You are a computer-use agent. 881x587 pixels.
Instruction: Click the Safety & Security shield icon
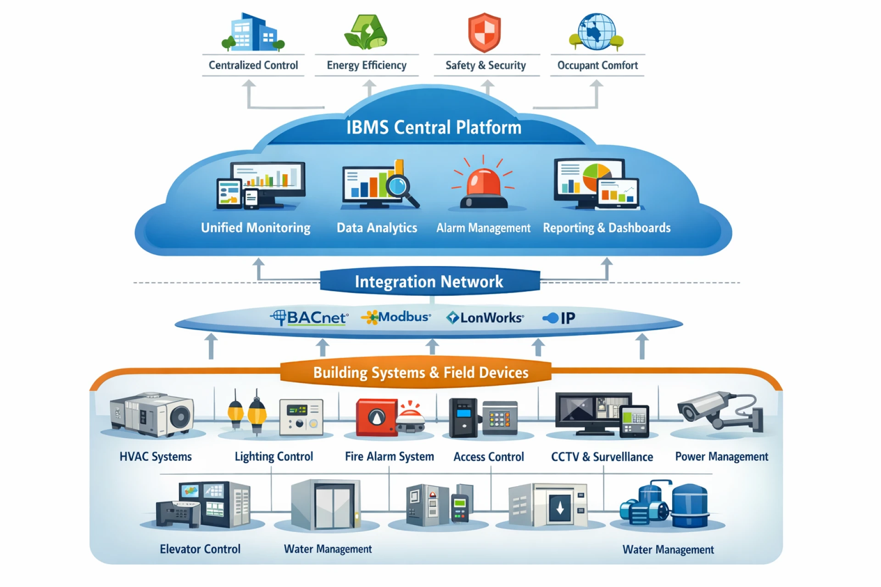(x=484, y=32)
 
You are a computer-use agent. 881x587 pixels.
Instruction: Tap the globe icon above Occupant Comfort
(x=597, y=31)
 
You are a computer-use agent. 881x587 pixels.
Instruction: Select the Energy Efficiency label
(x=366, y=65)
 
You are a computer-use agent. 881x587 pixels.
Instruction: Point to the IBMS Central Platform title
(x=434, y=127)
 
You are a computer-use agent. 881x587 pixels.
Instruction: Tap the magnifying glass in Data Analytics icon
(x=398, y=186)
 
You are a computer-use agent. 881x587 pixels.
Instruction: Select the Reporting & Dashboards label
(x=606, y=228)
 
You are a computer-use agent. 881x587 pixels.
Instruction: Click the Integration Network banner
(x=429, y=281)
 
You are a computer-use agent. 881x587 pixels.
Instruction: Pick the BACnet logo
(x=310, y=317)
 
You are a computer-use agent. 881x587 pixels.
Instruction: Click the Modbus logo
(x=396, y=317)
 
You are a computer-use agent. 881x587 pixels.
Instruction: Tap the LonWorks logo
(x=485, y=317)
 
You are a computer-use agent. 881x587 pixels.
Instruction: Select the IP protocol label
(x=559, y=318)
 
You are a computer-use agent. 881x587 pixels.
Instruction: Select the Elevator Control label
(x=200, y=549)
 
